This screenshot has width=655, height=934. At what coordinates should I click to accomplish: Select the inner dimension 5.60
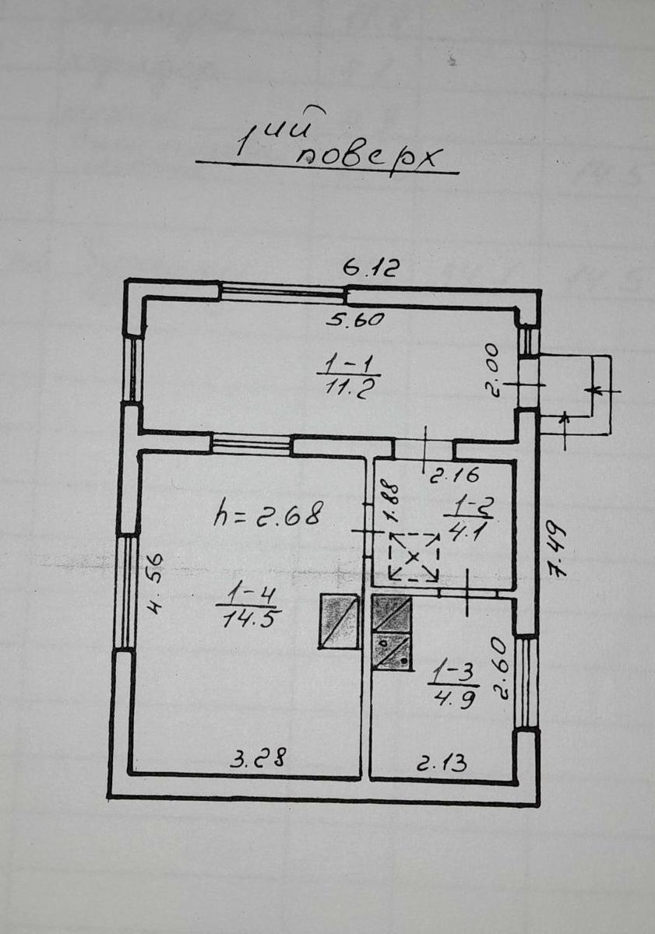coord(354,320)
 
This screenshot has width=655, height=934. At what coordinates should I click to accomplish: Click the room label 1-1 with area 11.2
coord(347,379)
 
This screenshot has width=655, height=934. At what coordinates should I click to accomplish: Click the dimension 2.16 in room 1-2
coord(454,475)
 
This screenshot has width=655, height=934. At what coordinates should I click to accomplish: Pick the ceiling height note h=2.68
coord(269,515)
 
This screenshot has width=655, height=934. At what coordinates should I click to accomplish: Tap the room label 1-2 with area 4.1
coord(469,520)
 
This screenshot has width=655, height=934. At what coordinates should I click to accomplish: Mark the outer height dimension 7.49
coord(555,550)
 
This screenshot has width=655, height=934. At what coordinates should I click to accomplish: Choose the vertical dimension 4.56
coord(156,584)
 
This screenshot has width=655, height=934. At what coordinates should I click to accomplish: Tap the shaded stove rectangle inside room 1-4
coord(339,621)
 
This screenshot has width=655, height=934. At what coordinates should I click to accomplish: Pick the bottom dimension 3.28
coord(259,757)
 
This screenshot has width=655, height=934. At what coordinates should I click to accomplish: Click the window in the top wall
coord(283,291)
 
